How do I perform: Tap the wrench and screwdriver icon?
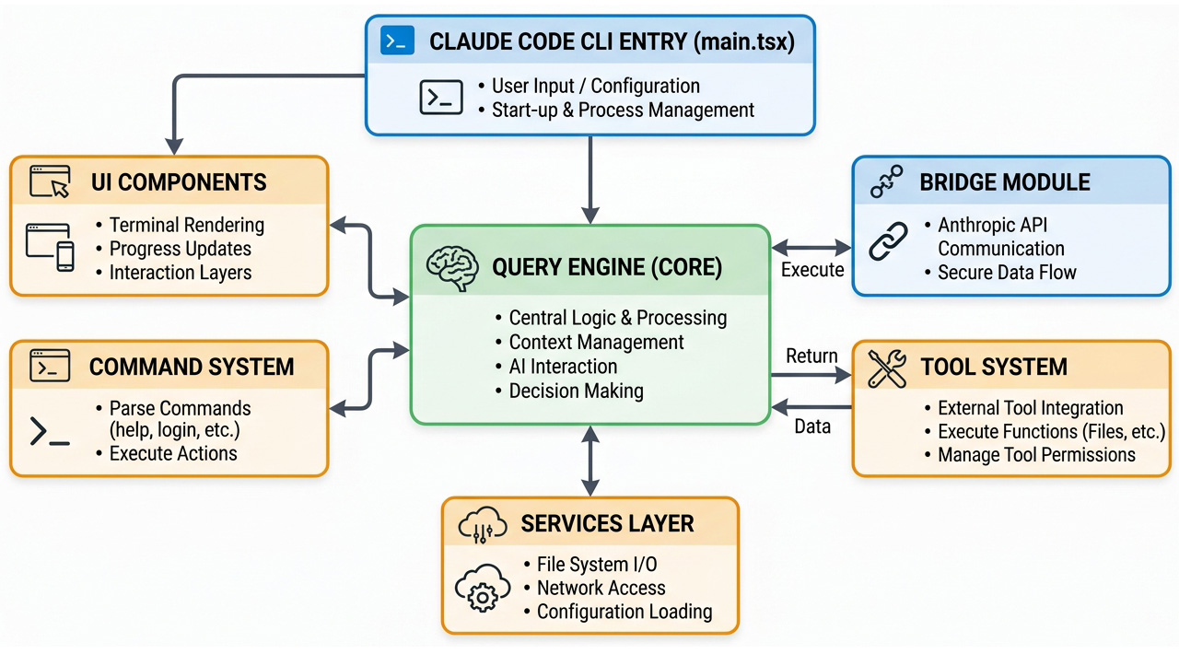pos(888,367)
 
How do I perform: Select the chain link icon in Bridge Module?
pos(889,241)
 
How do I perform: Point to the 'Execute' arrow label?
pos(812,270)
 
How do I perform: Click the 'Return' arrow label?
pos(811,356)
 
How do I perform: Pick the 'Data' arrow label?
pos(812,426)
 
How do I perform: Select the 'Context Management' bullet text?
pos(596,343)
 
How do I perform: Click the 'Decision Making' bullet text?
pos(576,391)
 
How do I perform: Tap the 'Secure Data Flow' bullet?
pos(1007,273)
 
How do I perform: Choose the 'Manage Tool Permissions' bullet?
pos(1036,455)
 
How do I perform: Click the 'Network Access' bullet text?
pos(601,588)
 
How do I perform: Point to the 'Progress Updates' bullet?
pos(180,249)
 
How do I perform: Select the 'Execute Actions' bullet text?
pos(173,453)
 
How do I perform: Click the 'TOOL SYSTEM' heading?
pos(994,367)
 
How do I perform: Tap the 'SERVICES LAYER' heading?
pos(607,524)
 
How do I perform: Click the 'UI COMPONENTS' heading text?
pos(179,181)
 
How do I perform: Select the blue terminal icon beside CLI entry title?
pos(397,41)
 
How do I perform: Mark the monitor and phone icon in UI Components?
pos(51,246)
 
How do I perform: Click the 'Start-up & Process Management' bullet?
pos(623,111)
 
